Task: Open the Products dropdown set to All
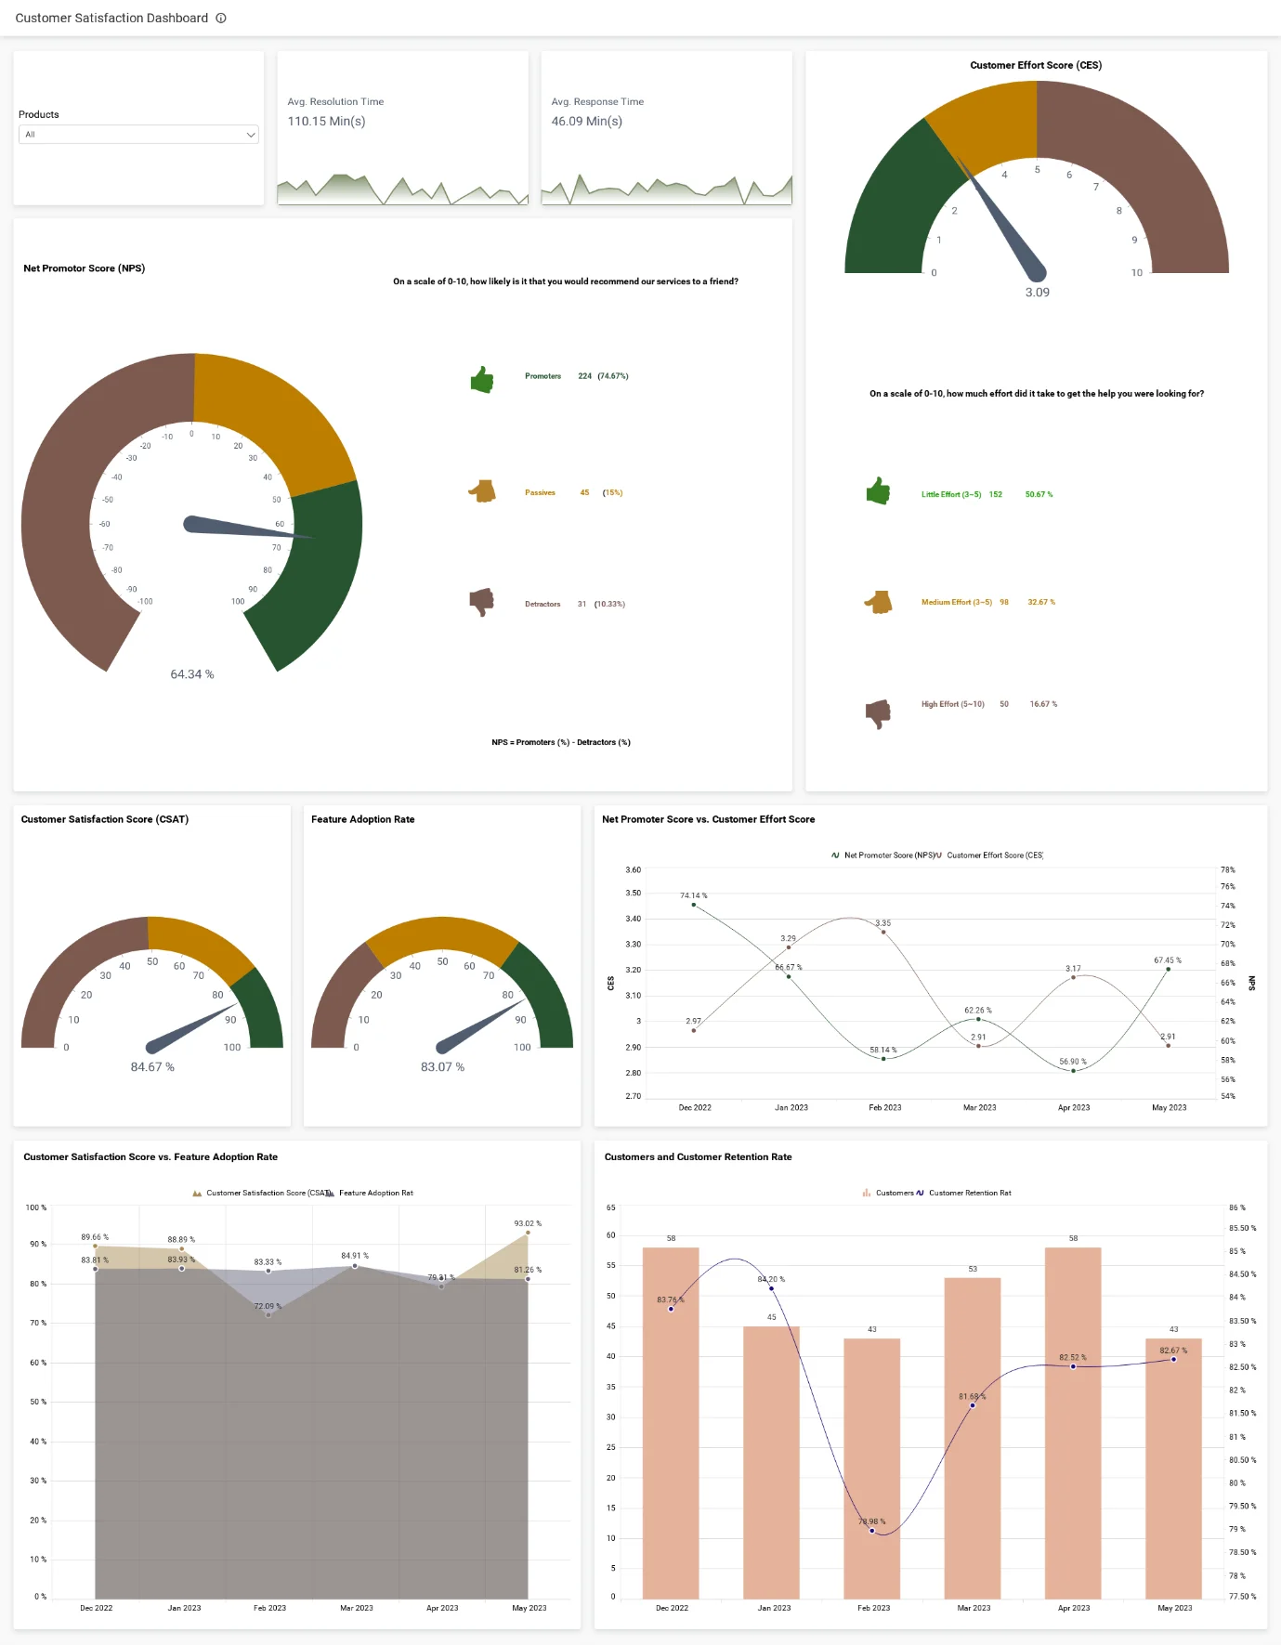(x=138, y=135)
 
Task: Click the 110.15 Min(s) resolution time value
(x=326, y=122)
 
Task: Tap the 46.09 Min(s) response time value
(x=586, y=122)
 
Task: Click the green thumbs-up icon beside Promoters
(x=482, y=379)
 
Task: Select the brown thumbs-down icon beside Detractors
(x=481, y=602)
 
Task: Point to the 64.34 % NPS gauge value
(x=191, y=674)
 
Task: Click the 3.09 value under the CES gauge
(x=1037, y=293)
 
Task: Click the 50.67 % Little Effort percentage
(x=1039, y=495)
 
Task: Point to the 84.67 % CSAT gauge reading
(x=152, y=1067)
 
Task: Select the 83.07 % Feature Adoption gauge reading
(x=442, y=1067)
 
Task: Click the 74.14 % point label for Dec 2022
(x=693, y=895)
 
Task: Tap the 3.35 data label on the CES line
(x=882, y=923)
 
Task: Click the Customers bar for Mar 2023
(x=972, y=1440)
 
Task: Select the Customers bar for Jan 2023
(x=771, y=1468)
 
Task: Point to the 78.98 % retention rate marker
(x=871, y=1530)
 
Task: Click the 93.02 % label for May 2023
(x=527, y=1223)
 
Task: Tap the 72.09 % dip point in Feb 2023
(x=268, y=1313)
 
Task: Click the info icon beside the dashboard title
(x=221, y=18)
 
